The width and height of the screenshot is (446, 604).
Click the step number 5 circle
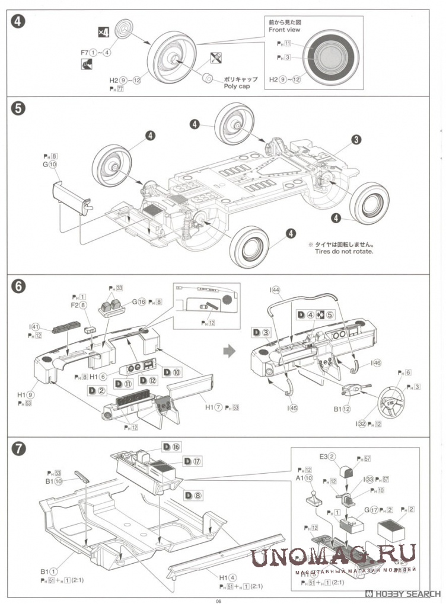(18, 110)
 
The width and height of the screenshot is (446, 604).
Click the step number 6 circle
(18, 287)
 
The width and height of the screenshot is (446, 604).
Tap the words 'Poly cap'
(237, 86)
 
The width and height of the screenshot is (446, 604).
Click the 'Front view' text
(285, 29)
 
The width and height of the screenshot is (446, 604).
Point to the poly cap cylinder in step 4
(207, 78)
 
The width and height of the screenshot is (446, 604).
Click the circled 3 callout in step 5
(356, 140)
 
